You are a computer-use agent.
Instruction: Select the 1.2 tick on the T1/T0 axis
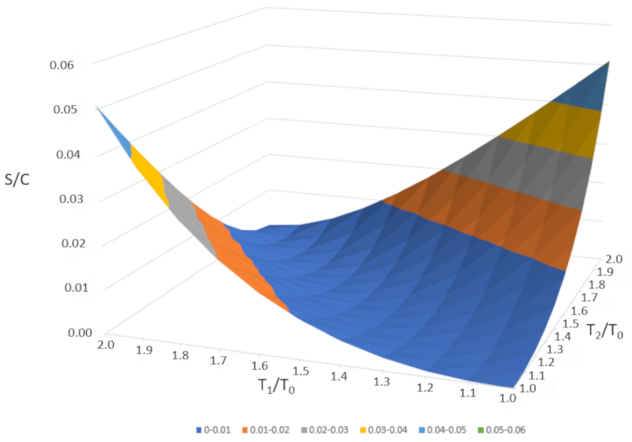(425, 383)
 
